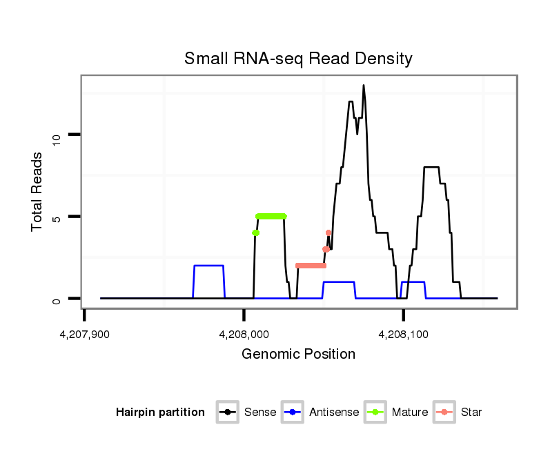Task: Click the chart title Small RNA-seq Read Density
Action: coord(298,59)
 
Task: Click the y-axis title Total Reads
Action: coord(38,191)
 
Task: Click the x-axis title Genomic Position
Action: coord(298,355)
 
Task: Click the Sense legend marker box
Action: coord(227,413)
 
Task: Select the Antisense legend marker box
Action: coord(293,413)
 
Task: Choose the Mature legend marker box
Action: coord(375,413)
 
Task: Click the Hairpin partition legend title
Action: coord(160,413)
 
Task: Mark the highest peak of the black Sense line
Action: coord(364,86)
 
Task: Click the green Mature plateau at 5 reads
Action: coord(271,216)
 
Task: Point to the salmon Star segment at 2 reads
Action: coord(311,266)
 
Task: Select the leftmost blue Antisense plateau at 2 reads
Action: coord(208,266)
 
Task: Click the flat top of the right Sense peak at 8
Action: coord(431,167)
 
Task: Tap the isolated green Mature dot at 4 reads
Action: coord(255,233)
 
